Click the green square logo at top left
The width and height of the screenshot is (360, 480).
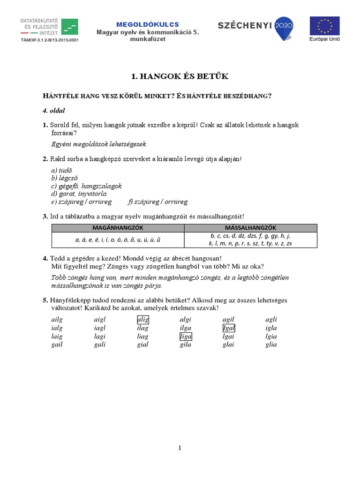70,27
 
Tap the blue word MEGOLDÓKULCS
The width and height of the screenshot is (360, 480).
148,24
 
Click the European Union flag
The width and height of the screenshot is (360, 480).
325,27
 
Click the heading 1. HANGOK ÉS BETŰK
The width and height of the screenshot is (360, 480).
180,76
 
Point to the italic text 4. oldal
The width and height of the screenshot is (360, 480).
54,111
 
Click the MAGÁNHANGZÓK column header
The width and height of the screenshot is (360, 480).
118,228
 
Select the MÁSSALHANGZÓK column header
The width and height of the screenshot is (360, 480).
251,228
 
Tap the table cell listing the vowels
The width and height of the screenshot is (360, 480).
118,240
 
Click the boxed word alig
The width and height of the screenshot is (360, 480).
142,320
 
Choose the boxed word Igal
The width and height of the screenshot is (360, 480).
229,328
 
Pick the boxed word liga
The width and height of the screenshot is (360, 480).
186,337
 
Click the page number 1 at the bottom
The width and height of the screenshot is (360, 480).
180,449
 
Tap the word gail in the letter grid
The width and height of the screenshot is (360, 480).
56,345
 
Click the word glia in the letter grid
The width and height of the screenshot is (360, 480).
271,345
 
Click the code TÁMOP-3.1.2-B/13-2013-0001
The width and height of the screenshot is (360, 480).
49,40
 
